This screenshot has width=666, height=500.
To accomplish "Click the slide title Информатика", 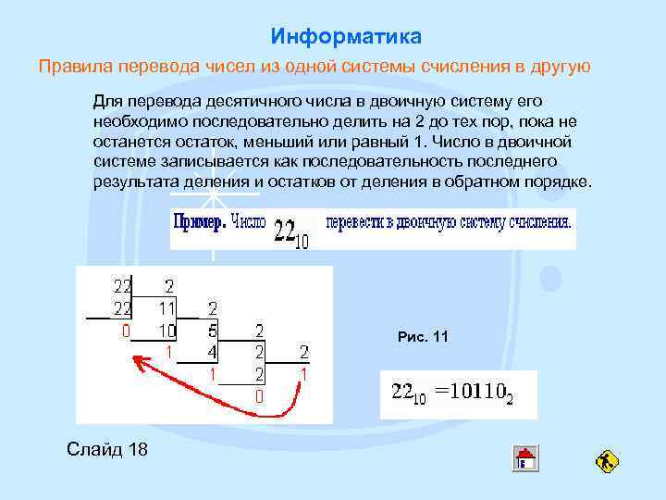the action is pyautogui.click(x=346, y=36).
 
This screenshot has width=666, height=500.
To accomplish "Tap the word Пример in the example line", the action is pyautogui.click(x=198, y=222).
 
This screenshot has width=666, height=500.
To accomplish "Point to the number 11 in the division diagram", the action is pyautogui.click(x=167, y=306).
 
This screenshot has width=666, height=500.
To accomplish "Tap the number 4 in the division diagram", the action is pyautogui.click(x=212, y=351).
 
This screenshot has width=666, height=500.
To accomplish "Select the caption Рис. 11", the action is pyautogui.click(x=423, y=337).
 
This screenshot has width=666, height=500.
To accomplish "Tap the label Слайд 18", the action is pyautogui.click(x=107, y=449).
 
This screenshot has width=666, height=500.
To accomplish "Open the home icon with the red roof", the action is pyautogui.click(x=525, y=458).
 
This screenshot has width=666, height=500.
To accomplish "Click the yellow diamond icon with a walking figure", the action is pyautogui.click(x=608, y=460).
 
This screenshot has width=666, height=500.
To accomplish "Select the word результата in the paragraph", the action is pyautogui.click(x=132, y=181).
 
